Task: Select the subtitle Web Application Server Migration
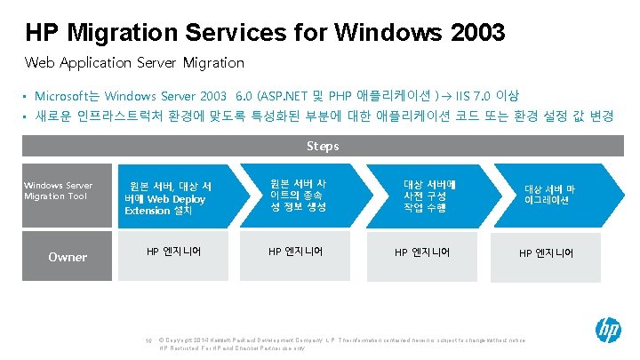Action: coord(133,63)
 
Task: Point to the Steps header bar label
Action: coord(321,145)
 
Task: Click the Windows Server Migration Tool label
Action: coord(58,189)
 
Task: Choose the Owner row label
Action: coord(68,257)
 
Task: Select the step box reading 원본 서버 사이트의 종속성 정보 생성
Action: coord(298,195)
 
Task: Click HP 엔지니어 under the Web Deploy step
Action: coord(174,252)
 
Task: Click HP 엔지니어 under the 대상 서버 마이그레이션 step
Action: coord(547,253)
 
